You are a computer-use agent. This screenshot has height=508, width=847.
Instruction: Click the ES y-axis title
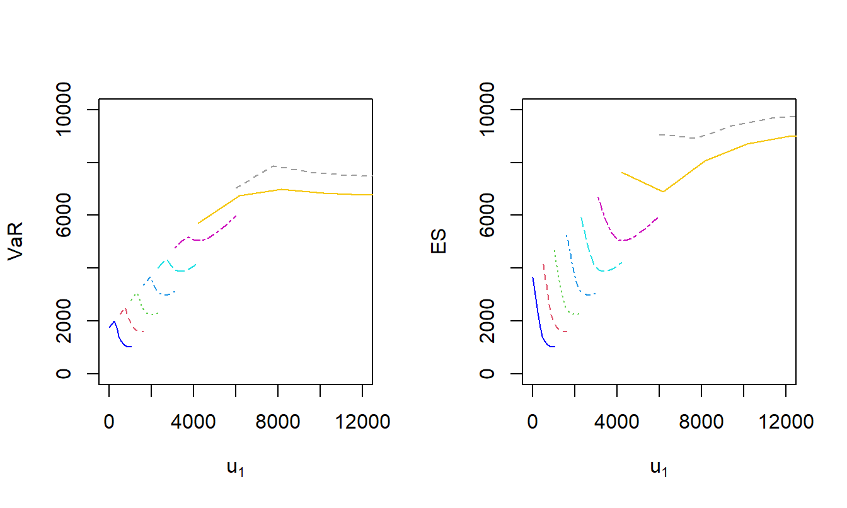coord(439,242)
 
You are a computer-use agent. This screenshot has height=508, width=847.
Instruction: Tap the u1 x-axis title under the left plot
coord(235,468)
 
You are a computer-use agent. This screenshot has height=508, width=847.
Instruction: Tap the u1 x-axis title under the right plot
coord(659,468)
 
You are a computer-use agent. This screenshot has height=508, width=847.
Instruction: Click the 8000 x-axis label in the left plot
coord(278,421)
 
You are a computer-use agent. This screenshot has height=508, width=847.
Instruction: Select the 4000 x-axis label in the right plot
coord(617,421)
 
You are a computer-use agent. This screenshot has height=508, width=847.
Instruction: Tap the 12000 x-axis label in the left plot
coord(362,421)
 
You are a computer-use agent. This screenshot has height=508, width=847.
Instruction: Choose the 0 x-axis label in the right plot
coord(533,421)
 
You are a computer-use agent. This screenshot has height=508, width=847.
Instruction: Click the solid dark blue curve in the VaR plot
coord(119,337)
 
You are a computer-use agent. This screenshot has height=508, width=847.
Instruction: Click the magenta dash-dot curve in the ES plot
coord(608,227)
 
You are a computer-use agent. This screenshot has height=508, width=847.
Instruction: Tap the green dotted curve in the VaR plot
coord(142,305)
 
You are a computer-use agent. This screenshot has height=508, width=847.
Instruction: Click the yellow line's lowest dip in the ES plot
coord(663,192)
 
